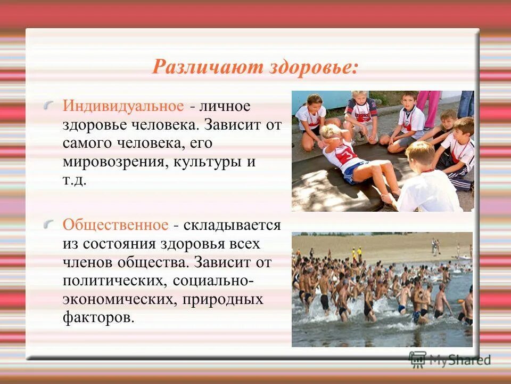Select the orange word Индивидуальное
tap(123, 105)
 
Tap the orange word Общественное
tap(115, 225)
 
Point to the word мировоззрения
tap(114, 162)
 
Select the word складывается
tap(232, 225)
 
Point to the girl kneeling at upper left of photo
tap(311, 120)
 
